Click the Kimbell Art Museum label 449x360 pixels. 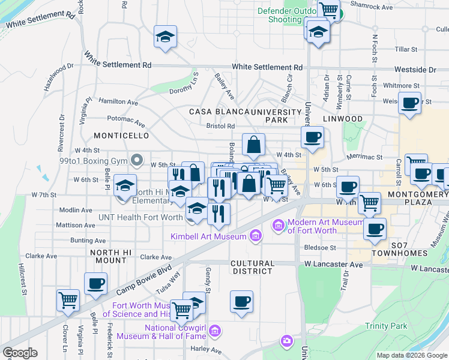click(209, 236)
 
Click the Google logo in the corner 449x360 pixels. click(20, 352)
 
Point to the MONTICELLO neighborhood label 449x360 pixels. click(121, 136)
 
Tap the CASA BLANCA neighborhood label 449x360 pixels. click(218, 112)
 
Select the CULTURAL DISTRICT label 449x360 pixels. click(253, 267)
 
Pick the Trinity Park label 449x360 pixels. click(386, 326)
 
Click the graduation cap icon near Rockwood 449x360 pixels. click(164, 37)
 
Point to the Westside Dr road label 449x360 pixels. click(415, 70)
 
